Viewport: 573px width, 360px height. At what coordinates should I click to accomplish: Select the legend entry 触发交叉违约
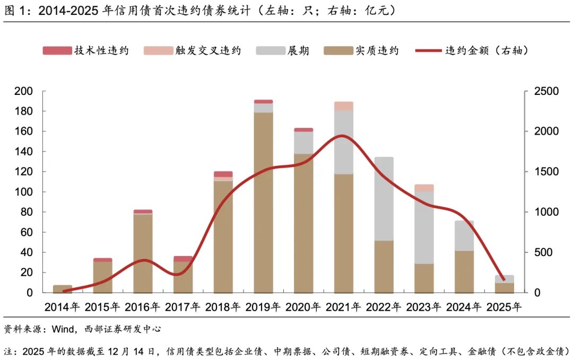point(208,51)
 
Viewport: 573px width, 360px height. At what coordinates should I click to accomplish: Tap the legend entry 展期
point(298,51)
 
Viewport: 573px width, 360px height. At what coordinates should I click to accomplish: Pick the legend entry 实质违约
point(377,51)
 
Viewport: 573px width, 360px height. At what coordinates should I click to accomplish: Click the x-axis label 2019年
point(264,307)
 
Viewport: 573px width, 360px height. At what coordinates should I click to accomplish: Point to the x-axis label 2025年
point(503,307)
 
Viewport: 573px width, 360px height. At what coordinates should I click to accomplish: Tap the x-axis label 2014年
point(63,307)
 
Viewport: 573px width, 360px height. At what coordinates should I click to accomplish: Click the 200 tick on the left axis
point(24,92)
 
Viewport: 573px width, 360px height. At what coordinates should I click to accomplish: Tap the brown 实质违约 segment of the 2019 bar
point(263,201)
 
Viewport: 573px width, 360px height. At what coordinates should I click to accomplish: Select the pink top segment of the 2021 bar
point(344,106)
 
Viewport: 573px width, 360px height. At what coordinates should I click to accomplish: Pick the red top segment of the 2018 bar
point(223,174)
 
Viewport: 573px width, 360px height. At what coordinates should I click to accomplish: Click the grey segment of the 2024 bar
point(464,235)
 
